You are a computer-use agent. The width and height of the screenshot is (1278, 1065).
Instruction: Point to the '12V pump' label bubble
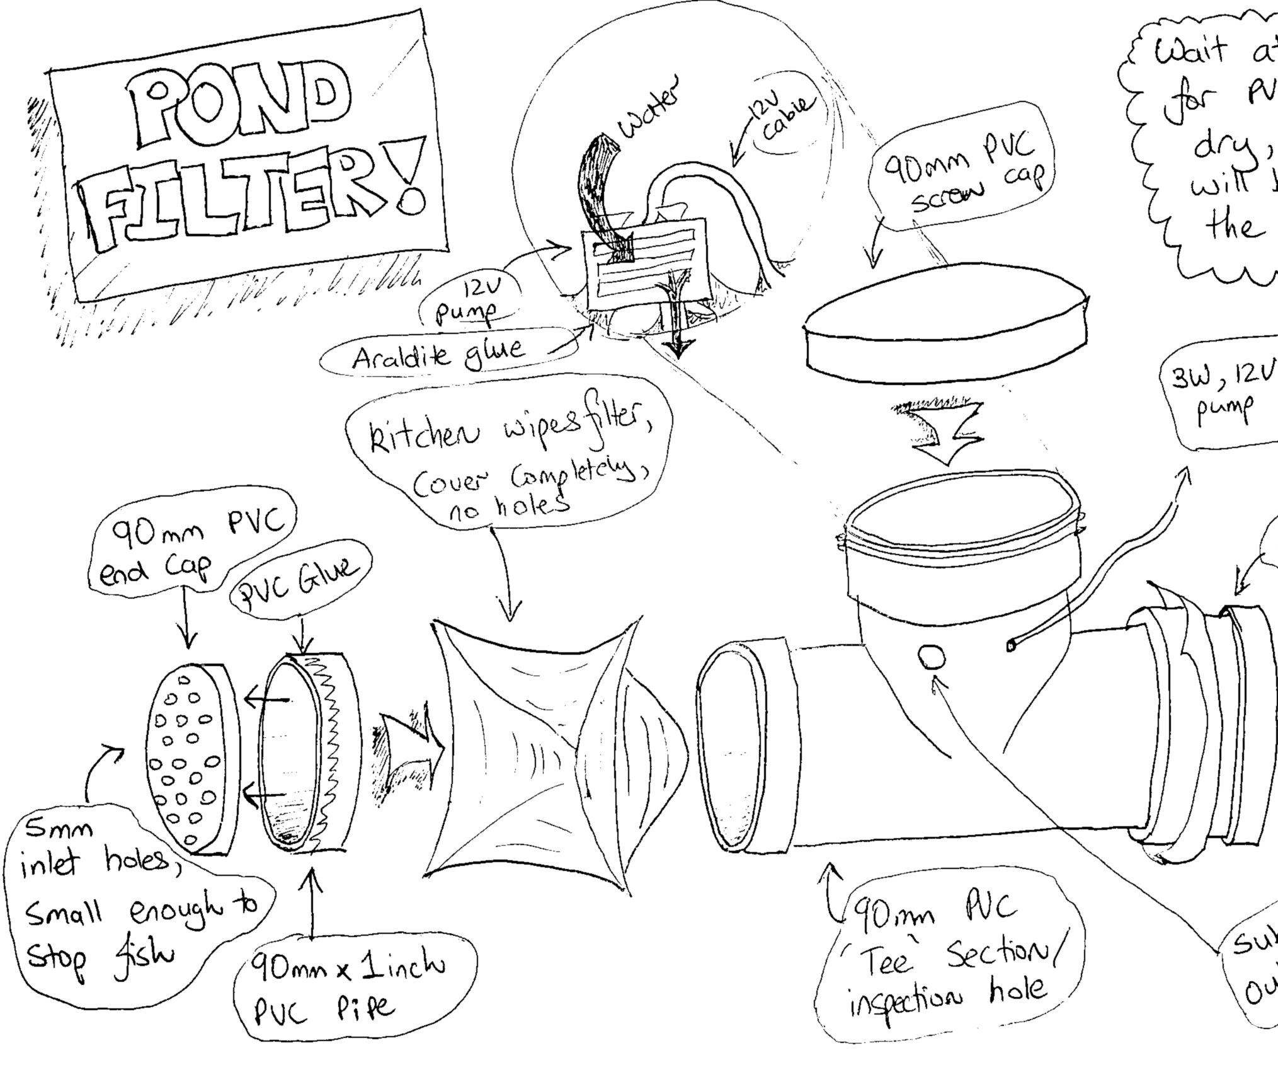[476, 302]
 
